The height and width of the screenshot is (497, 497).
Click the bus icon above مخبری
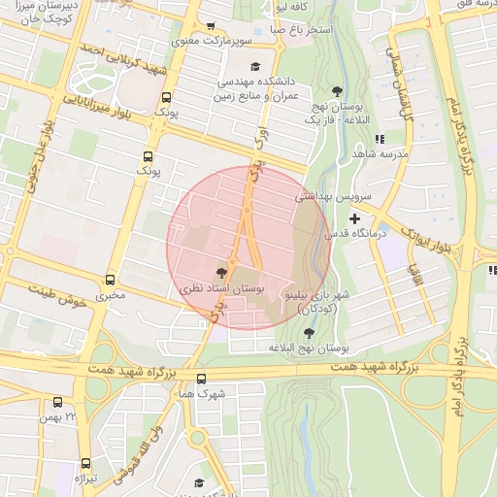tap(110, 280)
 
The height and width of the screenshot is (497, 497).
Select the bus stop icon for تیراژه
tap(85, 464)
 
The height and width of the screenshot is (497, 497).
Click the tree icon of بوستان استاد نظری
tap(223, 273)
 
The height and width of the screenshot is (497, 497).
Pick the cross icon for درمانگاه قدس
tap(354, 219)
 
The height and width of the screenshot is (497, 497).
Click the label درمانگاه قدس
tap(382, 234)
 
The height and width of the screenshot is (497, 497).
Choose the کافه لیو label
tap(292, 6)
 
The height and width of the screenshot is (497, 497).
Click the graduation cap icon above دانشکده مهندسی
tap(255, 66)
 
